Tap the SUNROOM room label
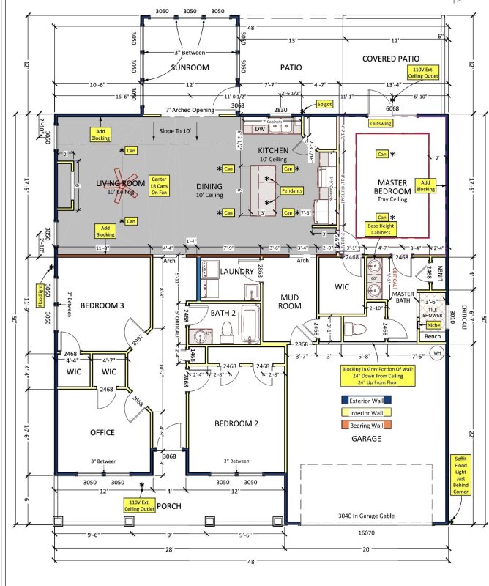click(190, 68)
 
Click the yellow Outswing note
click(384, 123)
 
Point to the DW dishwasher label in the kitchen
click(259, 129)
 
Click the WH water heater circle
click(436, 352)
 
